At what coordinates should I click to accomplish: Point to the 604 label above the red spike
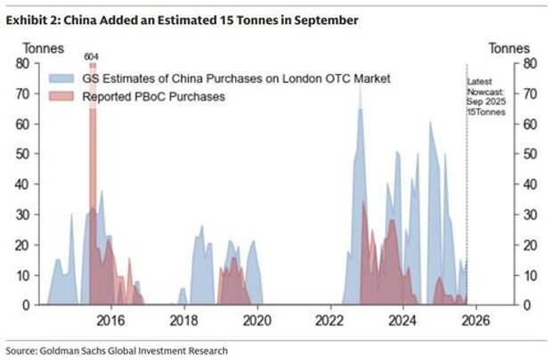coord(92,56)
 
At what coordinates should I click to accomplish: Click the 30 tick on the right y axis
coord(528,214)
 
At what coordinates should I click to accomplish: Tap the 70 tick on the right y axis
coord(528,94)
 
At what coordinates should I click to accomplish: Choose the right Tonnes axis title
coord(510,48)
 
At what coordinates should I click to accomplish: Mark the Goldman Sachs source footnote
coord(117,350)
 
